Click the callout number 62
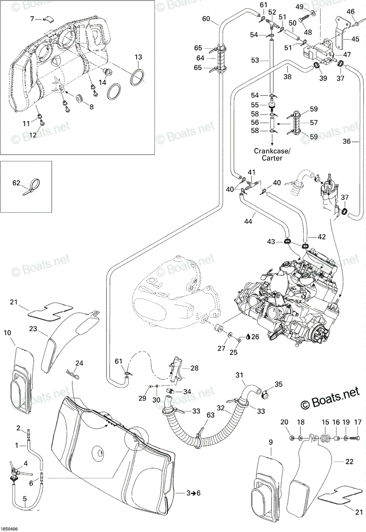click(16, 183)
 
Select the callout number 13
click(138, 57)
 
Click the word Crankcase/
click(272, 151)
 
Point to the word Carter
click(272, 158)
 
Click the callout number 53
click(255, 60)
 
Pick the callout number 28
click(194, 368)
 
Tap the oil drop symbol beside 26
click(248, 336)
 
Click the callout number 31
click(239, 375)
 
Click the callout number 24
click(79, 363)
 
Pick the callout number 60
click(206, 18)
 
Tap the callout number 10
click(8, 333)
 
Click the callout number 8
click(91, 107)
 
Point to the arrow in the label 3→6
click(193, 493)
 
